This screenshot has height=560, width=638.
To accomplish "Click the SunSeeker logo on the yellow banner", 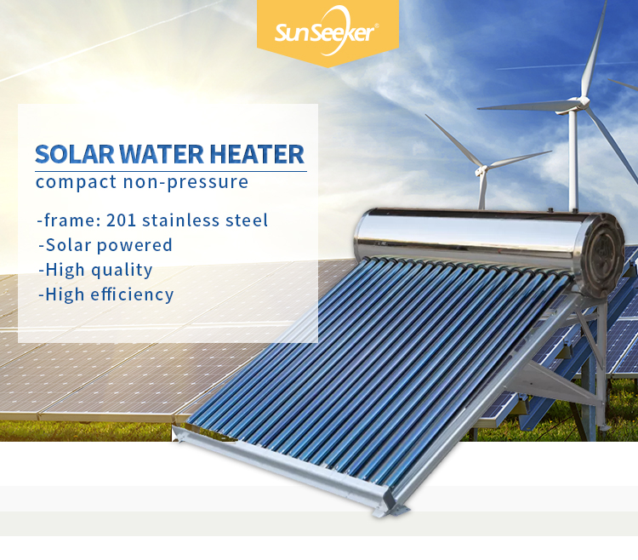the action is tap(327, 31).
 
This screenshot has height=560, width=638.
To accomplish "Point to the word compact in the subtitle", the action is tap(76, 182).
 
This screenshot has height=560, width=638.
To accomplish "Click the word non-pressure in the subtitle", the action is tap(185, 182).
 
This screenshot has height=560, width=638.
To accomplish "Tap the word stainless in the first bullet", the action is tap(180, 220).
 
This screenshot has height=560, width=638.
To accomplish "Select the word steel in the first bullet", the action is tap(247, 220).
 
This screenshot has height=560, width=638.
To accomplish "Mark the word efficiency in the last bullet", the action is tap(132, 294).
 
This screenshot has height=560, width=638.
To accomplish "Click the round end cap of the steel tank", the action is tap(603, 254).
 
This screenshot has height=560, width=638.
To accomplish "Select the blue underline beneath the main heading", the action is tap(171, 171).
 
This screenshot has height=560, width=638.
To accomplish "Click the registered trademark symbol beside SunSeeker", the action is tap(376, 26).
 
